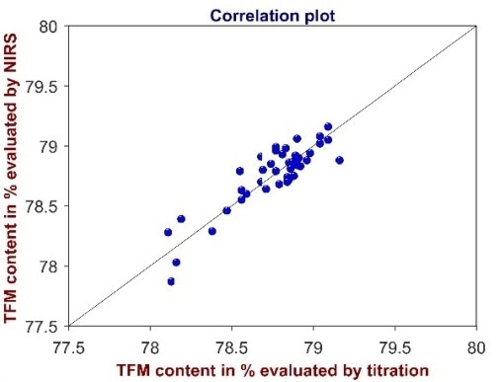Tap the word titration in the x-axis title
(386, 369)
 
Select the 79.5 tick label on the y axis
(42, 86)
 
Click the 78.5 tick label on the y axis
(42, 206)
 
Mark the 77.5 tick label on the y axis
(42, 326)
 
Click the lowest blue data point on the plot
(171, 281)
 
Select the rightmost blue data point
(339, 160)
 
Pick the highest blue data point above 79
(328, 126)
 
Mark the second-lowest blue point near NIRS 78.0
(176, 263)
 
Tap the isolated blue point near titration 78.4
(211, 231)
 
